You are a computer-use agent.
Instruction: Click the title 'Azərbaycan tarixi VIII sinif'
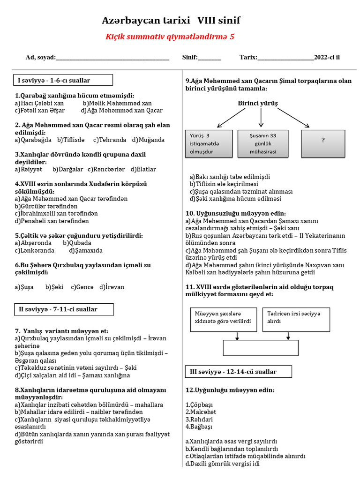pyautogui.click(x=171, y=21)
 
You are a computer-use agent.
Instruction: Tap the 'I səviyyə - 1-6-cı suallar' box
pyautogui.click(x=63, y=81)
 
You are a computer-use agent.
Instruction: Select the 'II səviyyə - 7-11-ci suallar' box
pyautogui.click(x=63, y=309)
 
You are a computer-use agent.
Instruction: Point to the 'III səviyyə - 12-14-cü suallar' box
pyautogui.click(x=238, y=372)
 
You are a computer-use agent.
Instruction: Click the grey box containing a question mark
pyautogui.click(x=323, y=143)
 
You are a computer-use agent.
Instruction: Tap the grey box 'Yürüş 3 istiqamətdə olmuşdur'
pyautogui.click(x=209, y=143)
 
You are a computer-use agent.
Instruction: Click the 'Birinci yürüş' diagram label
pyautogui.click(x=258, y=103)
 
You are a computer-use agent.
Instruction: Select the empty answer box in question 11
pyautogui.click(x=260, y=348)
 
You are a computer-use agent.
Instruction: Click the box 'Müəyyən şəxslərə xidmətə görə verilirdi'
pyautogui.click(x=224, y=319)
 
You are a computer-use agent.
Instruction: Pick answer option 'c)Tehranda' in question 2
pyautogui.click(x=110, y=140)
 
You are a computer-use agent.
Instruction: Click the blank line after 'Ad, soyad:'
pyautogui.click(x=112, y=58)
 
